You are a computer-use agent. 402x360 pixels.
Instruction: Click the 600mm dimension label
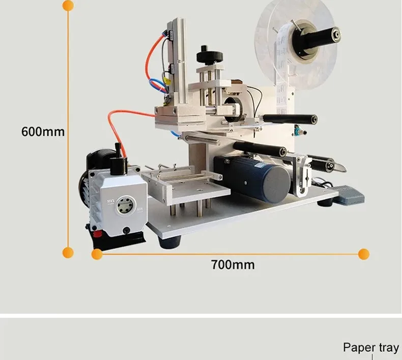click(43, 132)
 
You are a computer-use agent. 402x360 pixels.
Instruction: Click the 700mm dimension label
click(233, 265)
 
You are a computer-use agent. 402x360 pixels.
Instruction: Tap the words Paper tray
click(371, 348)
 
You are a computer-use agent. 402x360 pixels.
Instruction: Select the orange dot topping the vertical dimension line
click(68, 6)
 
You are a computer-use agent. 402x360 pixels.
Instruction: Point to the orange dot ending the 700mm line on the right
click(363, 254)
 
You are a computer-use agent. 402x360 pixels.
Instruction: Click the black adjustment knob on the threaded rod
click(210, 56)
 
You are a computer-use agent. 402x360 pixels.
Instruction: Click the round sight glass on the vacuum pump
click(125, 205)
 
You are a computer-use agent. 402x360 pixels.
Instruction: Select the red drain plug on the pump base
click(97, 234)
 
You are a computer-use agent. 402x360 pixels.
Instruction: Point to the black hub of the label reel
click(315, 39)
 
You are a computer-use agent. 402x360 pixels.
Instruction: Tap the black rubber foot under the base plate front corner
click(169, 242)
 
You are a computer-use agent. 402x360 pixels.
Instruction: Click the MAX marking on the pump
click(111, 201)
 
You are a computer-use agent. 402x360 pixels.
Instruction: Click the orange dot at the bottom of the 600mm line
click(68, 253)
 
